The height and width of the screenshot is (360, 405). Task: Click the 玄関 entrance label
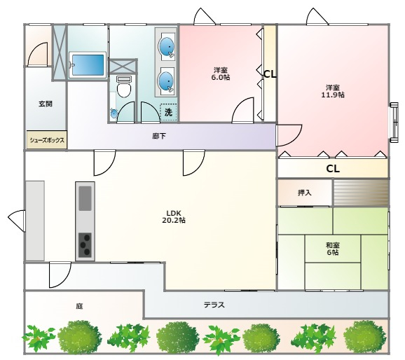[x=46, y=104]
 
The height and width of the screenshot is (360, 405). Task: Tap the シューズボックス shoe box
[x=47, y=139]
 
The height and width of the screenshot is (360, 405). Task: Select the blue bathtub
[x=88, y=65]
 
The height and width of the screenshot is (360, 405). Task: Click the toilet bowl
[x=123, y=88]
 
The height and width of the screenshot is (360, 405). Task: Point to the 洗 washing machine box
[x=168, y=112]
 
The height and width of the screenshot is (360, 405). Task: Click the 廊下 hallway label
[x=159, y=136]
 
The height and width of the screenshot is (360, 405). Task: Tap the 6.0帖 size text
[x=221, y=77]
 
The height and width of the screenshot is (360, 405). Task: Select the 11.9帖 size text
[x=333, y=95]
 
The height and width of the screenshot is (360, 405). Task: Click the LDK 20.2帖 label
[x=174, y=216]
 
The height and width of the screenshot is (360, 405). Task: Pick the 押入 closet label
[x=305, y=193]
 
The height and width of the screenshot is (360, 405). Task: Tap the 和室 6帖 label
[x=333, y=249]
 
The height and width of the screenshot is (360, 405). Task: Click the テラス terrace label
[x=214, y=305]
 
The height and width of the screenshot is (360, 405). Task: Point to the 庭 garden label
[x=79, y=306]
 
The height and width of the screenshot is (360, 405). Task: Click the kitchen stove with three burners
[x=85, y=245]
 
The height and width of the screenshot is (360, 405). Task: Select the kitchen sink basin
[x=85, y=198]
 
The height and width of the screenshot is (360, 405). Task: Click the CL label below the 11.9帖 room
[x=333, y=169]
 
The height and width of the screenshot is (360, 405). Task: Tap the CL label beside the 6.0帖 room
[x=270, y=74]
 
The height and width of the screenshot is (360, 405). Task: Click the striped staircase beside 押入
[x=361, y=193]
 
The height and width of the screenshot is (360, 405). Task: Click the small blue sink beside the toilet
[x=114, y=113]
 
